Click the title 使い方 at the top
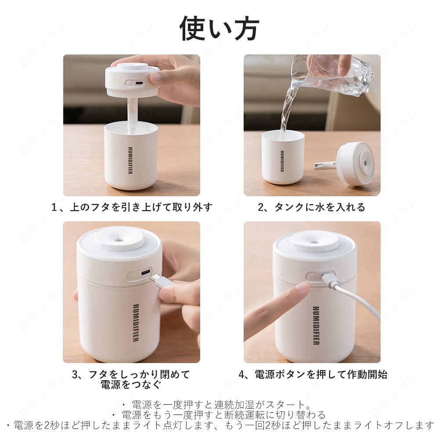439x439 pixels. coord(219,29)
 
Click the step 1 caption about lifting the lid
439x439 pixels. coord(132,208)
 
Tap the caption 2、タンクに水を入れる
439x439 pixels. coord(311,208)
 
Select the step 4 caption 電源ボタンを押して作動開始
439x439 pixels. coord(313,374)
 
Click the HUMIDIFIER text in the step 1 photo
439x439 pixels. coord(130,160)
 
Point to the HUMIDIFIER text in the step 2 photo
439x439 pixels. coord(282,161)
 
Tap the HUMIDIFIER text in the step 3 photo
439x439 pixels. coord(136,323)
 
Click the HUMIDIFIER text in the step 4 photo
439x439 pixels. coord(316,326)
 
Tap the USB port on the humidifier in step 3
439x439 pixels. coord(145,273)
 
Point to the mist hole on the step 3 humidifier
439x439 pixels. coord(119,239)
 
